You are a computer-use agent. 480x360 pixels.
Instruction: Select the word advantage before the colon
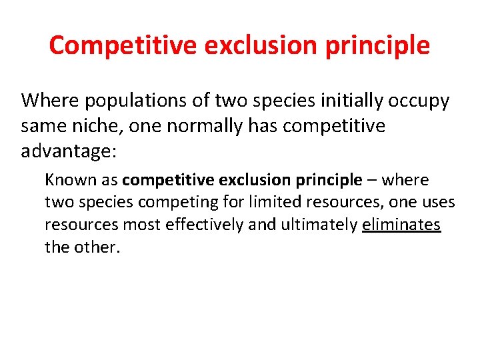65,152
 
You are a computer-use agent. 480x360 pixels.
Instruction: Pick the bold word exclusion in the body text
253,180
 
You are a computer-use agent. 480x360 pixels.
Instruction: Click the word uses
439,202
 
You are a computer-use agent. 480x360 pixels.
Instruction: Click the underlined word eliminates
402,225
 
